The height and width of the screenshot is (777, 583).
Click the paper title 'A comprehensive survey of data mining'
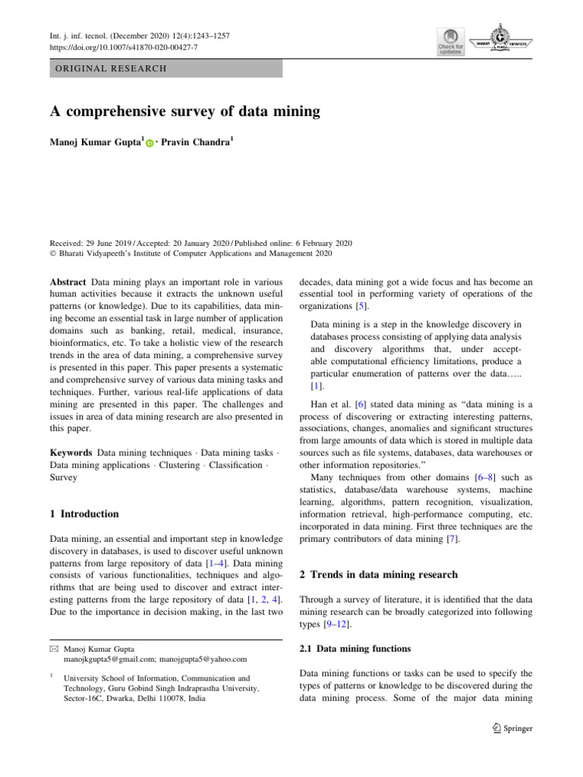(185, 112)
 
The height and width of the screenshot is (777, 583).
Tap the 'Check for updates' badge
(449, 42)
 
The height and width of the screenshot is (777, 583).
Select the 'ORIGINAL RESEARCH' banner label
(109, 69)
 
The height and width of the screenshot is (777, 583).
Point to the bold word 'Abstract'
(67, 282)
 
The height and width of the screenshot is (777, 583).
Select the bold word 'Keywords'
(71, 451)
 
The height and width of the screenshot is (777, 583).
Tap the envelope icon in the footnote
(54, 649)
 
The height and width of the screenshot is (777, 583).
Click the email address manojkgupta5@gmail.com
(106, 659)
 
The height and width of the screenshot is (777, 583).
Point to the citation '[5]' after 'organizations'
(363, 307)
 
